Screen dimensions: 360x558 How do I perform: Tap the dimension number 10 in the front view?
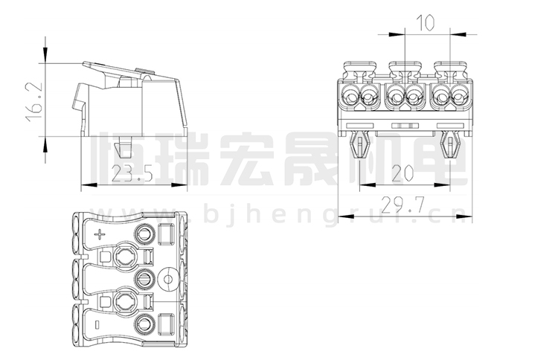click(425, 23)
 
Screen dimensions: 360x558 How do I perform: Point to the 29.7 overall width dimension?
click(402, 205)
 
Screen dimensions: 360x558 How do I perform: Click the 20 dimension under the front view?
click(402, 173)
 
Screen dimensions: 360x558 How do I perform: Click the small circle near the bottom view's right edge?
click(169, 280)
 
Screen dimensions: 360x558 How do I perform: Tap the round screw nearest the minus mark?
click(144, 324)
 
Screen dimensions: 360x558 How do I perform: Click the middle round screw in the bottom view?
click(144, 280)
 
